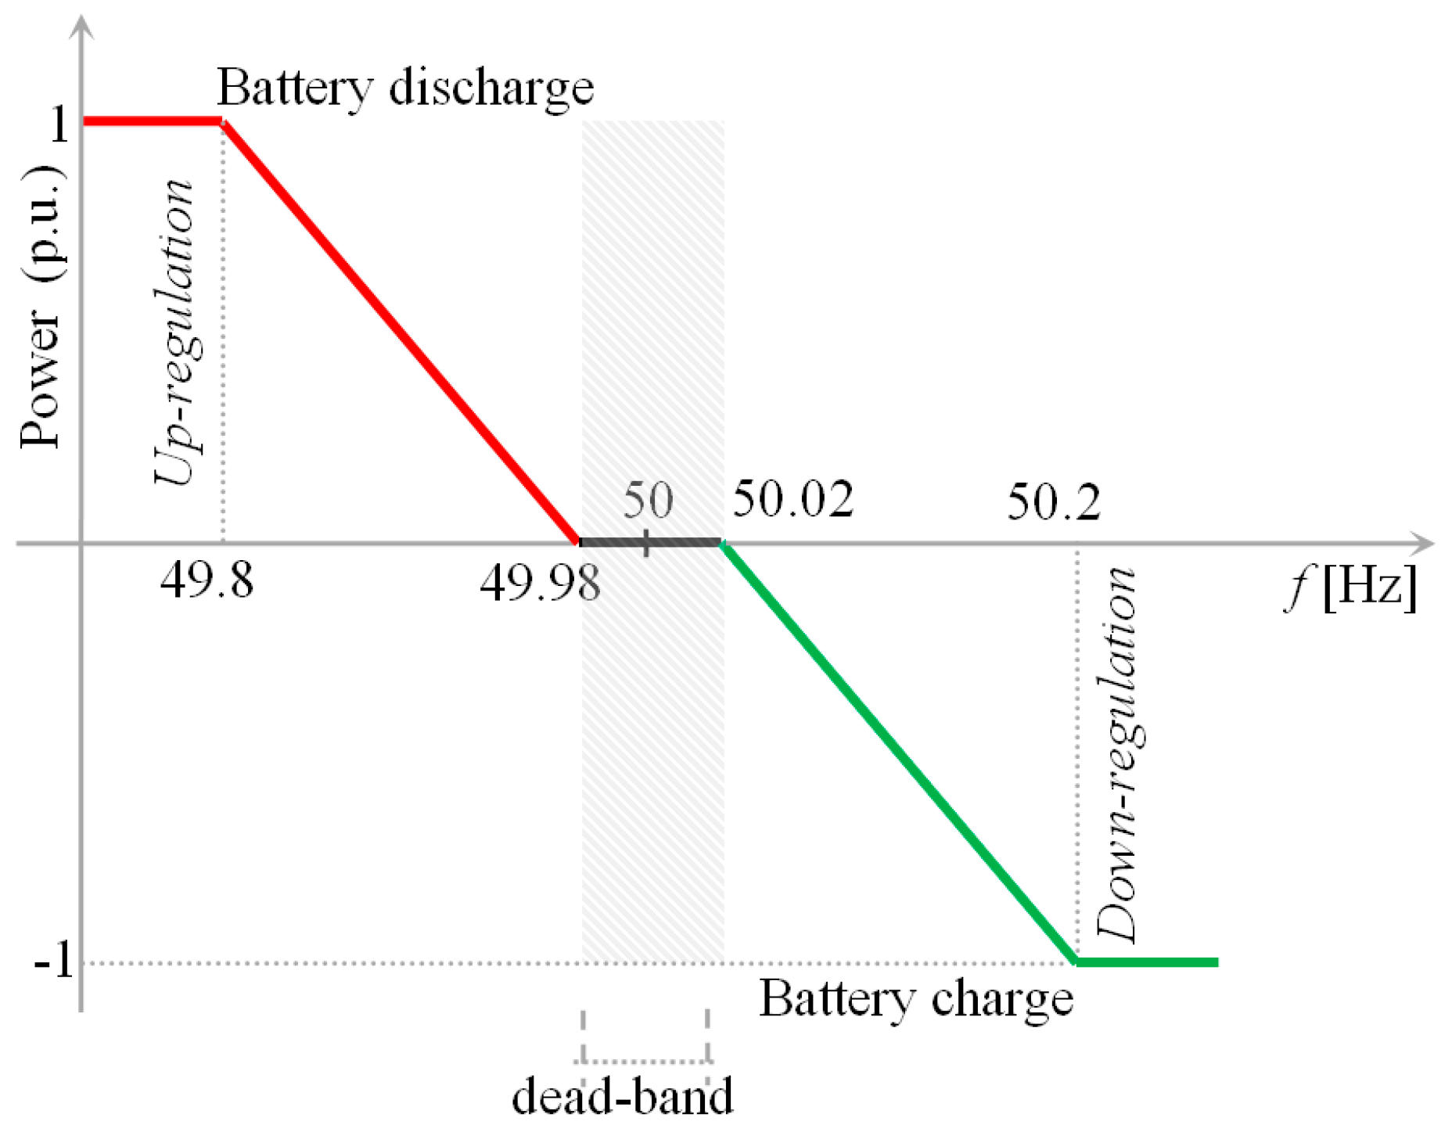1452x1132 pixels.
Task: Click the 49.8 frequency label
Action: (207, 581)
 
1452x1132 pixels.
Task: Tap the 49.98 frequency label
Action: (540, 583)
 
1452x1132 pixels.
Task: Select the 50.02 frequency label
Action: (792, 499)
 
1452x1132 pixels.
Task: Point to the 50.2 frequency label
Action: (1053, 501)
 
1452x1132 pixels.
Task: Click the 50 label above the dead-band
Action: (648, 500)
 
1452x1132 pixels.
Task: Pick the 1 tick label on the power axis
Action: (59, 124)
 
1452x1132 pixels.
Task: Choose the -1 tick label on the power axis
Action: (53, 961)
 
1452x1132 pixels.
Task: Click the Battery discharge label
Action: (405, 87)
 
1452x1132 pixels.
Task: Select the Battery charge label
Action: (916, 999)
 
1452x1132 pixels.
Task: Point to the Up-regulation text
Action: (174, 332)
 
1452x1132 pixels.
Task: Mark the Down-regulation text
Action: (1116, 754)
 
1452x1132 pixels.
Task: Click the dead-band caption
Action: (623, 1096)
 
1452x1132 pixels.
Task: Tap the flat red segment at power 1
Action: (153, 121)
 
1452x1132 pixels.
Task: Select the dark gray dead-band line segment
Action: (649, 541)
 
